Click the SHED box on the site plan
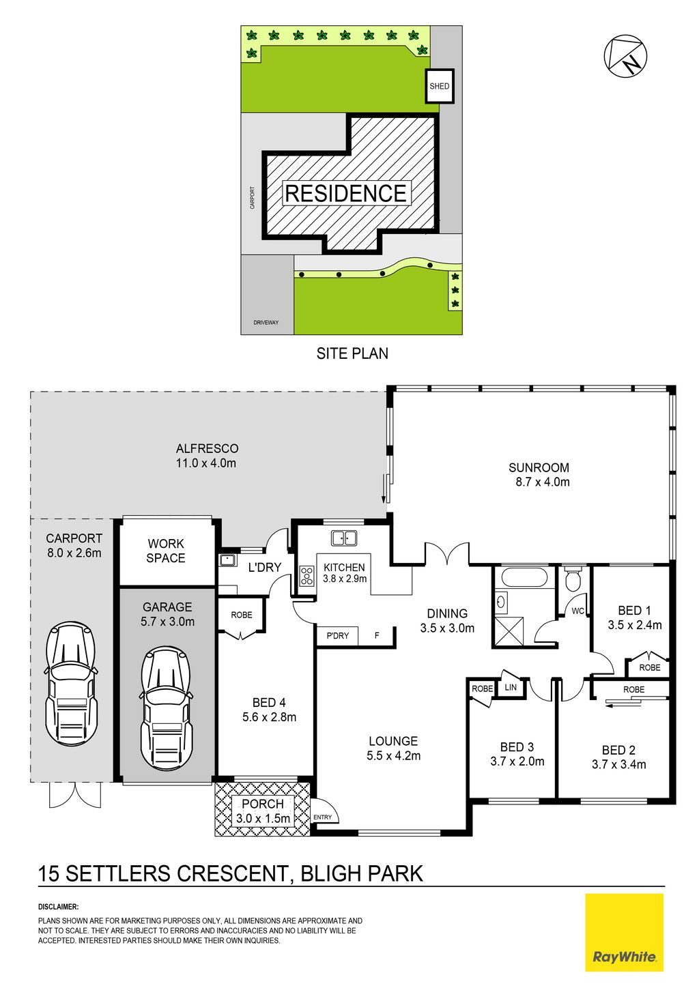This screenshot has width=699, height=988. click(x=439, y=86)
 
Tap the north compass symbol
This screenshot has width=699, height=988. click(x=625, y=57)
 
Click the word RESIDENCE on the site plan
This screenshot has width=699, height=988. click(x=346, y=193)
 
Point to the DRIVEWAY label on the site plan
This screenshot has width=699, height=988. click(x=266, y=323)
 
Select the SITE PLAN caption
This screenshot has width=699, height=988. click(x=352, y=353)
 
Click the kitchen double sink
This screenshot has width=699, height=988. click(x=344, y=538)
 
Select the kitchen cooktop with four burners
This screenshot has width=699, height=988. click(x=307, y=576)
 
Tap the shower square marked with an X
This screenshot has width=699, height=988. click(x=509, y=632)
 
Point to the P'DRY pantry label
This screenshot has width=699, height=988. click(x=338, y=636)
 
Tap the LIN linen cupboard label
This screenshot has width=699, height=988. click(x=511, y=687)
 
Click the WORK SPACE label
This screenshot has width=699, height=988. click(x=166, y=551)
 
